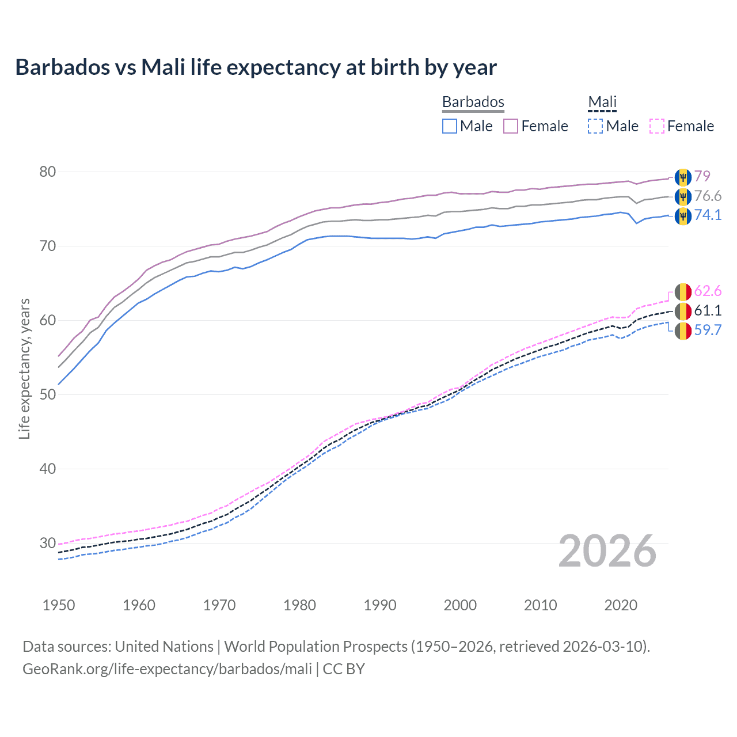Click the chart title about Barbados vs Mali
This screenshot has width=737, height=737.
[256, 67]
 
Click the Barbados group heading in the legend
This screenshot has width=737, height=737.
[473, 102]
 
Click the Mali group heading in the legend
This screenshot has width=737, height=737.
[602, 102]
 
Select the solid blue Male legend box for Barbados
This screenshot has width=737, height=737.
[450, 126]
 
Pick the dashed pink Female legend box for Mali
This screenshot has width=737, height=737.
[657, 126]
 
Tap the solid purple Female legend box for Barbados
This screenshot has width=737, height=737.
[511, 126]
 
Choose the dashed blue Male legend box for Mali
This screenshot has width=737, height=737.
[595, 126]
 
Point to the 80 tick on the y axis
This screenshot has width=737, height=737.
[48, 172]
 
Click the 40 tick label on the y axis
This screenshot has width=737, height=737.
[48, 469]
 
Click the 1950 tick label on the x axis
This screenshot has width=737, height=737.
[59, 605]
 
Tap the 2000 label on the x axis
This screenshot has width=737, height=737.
[460, 605]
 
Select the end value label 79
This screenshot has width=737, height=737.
[702, 176]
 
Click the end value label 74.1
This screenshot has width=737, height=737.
[708, 215]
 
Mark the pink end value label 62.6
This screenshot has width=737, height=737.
[708, 291]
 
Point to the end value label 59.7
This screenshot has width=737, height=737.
[708, 330]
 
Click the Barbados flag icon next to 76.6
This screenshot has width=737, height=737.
[682, 196]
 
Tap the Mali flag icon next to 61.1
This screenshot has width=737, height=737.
[682, 311]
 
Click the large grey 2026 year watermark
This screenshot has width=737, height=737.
[607, 551]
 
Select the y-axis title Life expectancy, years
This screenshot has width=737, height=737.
[24, 368]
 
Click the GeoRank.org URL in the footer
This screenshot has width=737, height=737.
[167, 669]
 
